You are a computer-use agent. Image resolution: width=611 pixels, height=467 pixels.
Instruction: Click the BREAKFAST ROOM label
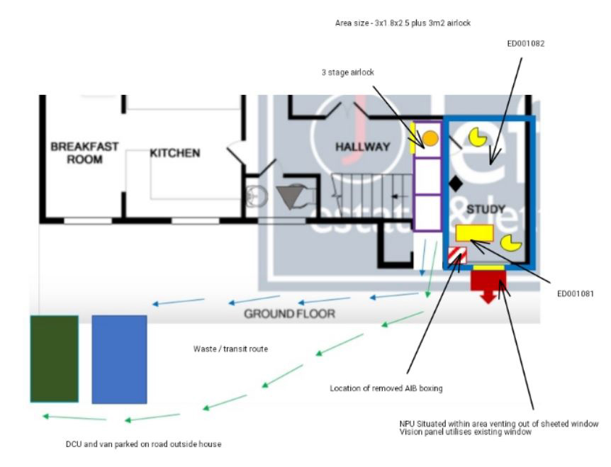[x=84, y=152]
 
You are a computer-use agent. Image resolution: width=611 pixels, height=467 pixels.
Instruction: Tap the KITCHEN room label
[x=174, y=152]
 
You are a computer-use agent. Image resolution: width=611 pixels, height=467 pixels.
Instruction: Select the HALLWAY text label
[x=362, y=147]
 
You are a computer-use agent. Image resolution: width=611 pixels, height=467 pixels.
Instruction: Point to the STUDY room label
[x=486, y=209]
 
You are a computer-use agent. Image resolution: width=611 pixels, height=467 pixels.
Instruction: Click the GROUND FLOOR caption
[x=289, y=313]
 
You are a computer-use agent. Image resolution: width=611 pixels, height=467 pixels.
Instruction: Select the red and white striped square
[x=458, y=255]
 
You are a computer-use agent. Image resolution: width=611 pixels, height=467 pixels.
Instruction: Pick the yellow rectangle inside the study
[x=474, y=232]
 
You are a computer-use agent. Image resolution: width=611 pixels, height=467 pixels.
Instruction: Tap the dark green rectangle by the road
[x=54, y=359]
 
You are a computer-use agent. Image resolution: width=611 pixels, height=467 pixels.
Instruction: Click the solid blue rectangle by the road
[x=119, y=359]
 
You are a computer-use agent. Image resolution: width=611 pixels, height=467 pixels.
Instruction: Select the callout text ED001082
[x=525, y=43]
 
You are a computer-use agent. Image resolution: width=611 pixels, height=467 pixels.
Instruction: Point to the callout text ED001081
[x=575, y=293]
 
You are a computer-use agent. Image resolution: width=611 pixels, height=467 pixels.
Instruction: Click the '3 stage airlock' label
[x=347, y=72]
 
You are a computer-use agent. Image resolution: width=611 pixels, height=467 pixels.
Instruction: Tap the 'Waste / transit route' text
[x=230, y=349]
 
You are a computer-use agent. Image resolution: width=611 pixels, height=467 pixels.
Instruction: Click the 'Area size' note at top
[x=403, y=23]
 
